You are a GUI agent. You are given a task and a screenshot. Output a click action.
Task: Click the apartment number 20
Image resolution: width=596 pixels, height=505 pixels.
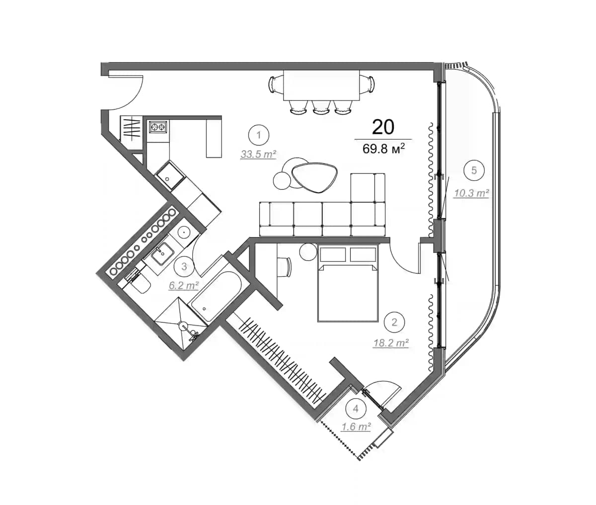click(383, 127)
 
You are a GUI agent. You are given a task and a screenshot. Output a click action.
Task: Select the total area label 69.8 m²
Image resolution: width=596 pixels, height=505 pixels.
click(384, 149)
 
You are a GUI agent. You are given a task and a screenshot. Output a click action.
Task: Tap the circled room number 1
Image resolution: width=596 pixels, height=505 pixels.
click(258, 134)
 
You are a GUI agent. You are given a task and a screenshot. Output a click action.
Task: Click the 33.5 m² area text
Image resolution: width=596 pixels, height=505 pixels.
click(258, 155)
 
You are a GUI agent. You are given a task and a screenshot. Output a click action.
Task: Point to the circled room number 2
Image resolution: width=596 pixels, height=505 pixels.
click(394, 322)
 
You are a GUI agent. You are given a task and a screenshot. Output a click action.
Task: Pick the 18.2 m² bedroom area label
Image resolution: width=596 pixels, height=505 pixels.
click(391, 342)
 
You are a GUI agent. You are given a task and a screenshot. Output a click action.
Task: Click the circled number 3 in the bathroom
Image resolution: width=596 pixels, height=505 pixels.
click(184, 266)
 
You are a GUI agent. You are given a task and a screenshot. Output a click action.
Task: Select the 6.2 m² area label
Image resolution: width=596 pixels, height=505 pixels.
click(184, 285)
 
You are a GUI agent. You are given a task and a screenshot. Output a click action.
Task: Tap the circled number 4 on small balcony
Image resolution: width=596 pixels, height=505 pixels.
click(355, 409)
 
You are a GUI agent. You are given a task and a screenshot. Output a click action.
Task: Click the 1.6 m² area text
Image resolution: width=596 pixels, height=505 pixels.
click(356, 426)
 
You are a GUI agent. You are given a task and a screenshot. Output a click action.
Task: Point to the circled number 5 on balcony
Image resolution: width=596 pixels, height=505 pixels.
click(474, 170)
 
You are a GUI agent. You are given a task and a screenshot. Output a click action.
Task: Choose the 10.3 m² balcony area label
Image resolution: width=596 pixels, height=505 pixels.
click(471, 193)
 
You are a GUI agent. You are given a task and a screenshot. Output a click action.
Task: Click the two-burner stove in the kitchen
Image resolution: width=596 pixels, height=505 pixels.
click(158, 127)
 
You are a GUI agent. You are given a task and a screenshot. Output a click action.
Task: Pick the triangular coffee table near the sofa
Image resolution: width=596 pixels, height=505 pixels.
click(314, 176)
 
